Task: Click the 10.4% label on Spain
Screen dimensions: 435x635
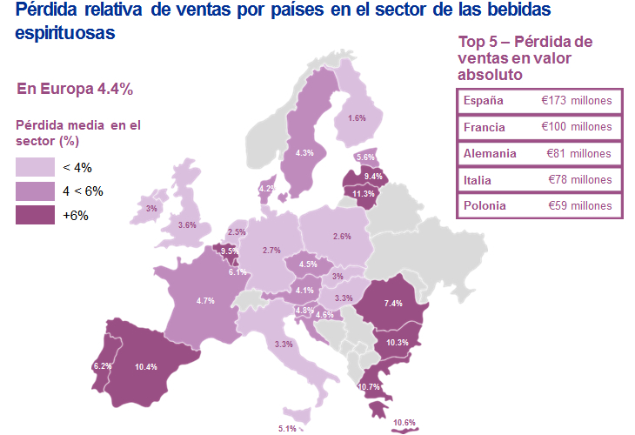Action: pos(145,367)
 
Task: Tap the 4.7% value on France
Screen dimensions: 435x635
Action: pos(205,300)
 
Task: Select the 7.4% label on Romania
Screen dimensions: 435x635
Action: pos(393,303)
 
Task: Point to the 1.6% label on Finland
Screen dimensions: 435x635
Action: pos(357,117)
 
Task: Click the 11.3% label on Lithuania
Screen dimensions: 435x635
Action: pos(364,193)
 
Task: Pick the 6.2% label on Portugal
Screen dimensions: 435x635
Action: pos(103,366)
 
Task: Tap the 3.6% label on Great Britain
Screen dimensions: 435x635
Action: pos(187,224)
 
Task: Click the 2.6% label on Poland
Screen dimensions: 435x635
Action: pos(342,236)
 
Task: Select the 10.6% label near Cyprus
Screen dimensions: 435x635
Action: pos(405,423)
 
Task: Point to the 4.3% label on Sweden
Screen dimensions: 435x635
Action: pos(304,152)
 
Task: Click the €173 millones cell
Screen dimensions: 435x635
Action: pos(576,100)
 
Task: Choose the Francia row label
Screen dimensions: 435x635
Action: pos(483,127)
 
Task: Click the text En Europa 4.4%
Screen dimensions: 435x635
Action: pos(75,88)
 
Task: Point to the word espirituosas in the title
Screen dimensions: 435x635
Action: pos(65,35)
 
